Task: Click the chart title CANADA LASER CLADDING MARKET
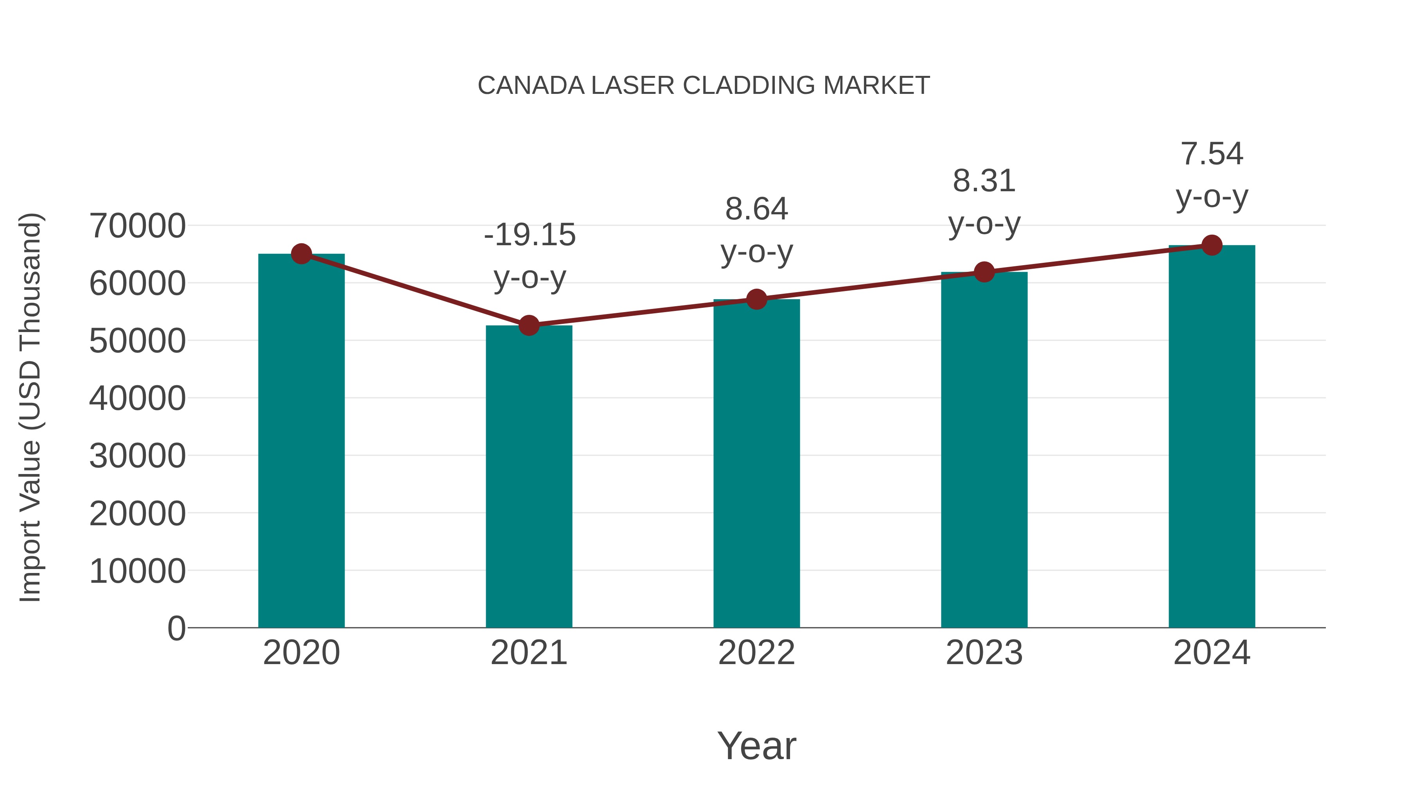704,86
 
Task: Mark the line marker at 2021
528,325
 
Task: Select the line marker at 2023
984,272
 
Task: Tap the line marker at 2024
1212,245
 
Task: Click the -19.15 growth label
530,235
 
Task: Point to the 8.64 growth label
756,209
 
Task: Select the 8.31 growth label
984,181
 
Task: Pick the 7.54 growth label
1212,154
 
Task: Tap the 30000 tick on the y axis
137,456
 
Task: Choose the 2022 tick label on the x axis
756,653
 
